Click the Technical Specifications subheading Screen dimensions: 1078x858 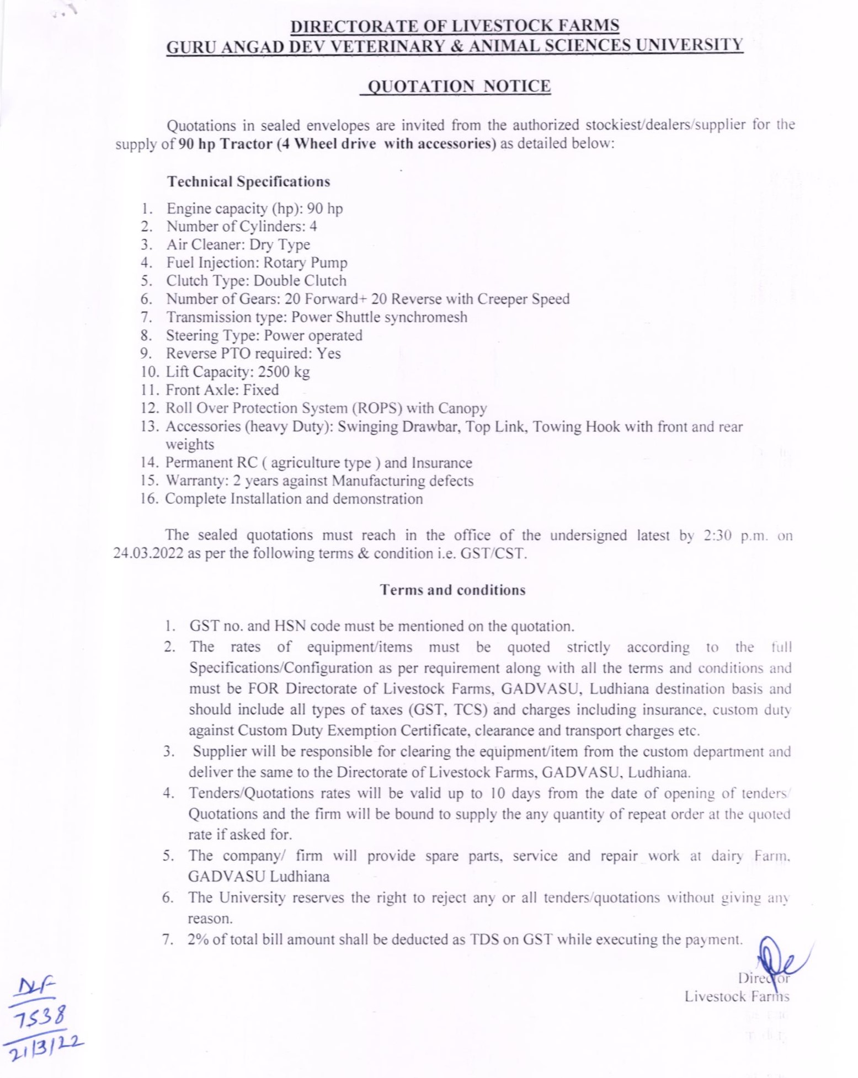[248, 182]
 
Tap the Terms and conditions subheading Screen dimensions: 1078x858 [452, 590]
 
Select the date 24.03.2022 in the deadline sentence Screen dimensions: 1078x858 [148, 553]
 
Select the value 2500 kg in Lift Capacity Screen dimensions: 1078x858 [284, 372]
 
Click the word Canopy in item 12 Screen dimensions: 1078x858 [462, 408]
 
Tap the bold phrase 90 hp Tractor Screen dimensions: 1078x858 [225, 144]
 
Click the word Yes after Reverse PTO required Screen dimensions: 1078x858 [328, 354]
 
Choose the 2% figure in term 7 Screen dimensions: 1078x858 [198, 939]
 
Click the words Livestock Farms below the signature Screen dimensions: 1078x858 [737, 996]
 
